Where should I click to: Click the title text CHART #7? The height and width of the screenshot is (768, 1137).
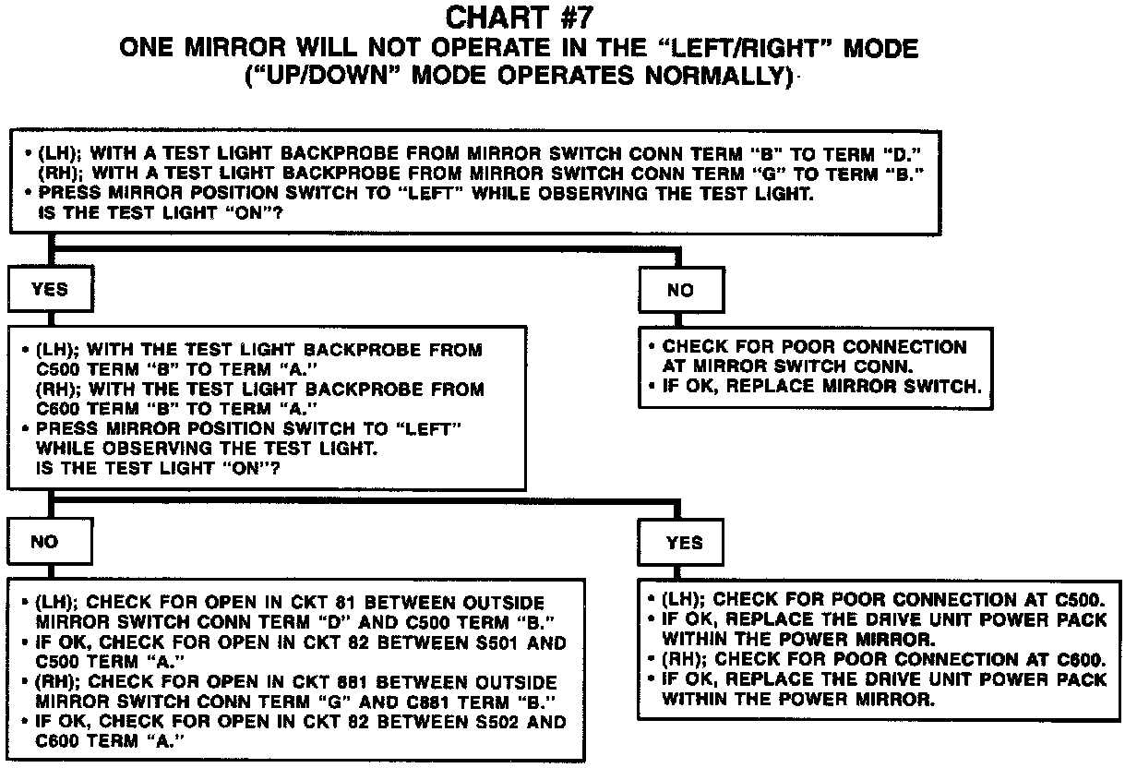tap(521, 18)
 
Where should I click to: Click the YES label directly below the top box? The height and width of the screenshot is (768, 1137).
tap(50, 289)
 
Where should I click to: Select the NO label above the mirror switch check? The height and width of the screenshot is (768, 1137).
tap(680, 290)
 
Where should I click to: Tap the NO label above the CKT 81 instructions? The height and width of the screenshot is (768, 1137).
tap(44, 542)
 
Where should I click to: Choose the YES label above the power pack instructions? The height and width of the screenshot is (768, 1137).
tap(684, 543)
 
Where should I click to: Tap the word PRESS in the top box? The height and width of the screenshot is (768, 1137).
tap(64, 193)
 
